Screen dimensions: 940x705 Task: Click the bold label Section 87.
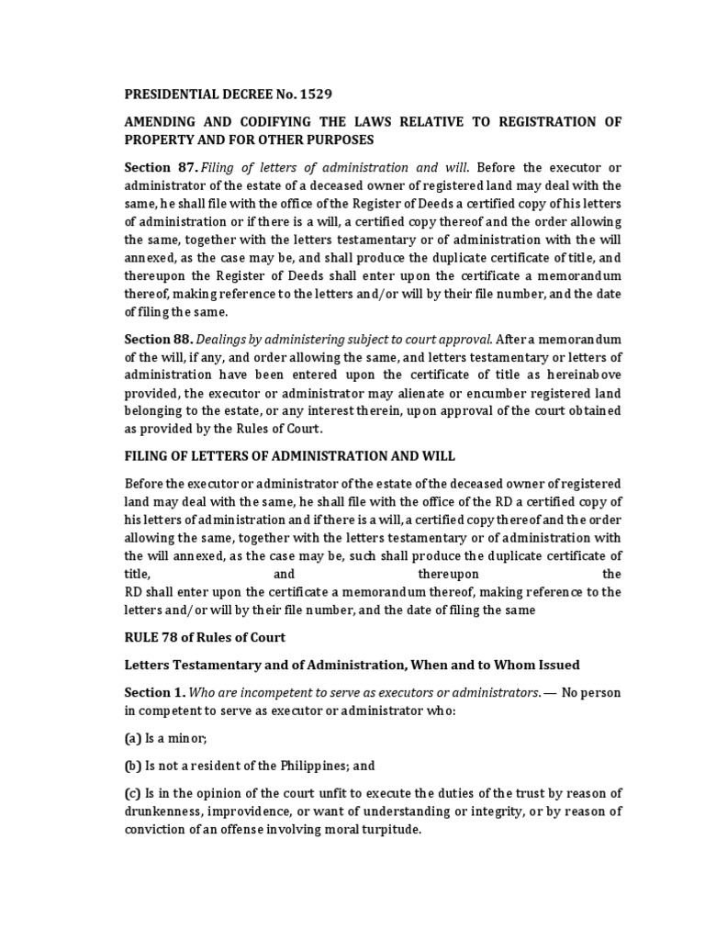[161, 167]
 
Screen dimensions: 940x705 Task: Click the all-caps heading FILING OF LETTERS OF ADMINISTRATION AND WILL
[289, 455]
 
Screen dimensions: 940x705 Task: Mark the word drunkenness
[162, 811]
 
